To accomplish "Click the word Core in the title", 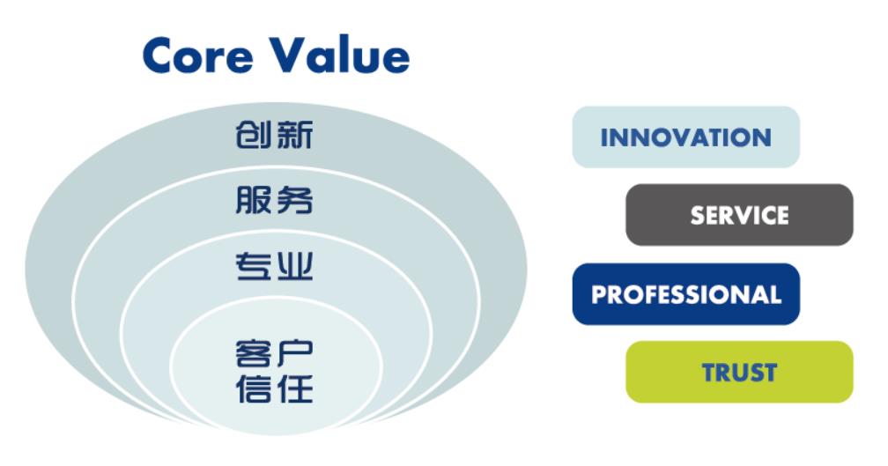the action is (197, 55).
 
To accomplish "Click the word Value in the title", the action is (339, 55).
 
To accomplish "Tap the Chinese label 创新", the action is (274, 135).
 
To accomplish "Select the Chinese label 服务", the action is (274, 200).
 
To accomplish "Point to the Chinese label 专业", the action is (274, 266).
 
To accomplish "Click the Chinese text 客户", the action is (274, 352).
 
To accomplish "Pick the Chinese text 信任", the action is (274, 388).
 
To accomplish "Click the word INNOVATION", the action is (685, 137).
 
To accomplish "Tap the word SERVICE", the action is (740, 215).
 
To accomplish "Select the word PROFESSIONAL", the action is (686, 294).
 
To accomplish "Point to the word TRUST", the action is (740, 373).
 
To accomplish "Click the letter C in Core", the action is (159, 55).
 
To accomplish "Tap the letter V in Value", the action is (288, 55).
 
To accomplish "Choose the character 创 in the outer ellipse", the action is (254, 135).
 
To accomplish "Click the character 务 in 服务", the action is (294, 200).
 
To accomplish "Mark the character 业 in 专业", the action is (294, 266).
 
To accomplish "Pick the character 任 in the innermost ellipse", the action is (294, 388).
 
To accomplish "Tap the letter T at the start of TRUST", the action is (710, 373).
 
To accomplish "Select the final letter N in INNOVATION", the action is (762, 137).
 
